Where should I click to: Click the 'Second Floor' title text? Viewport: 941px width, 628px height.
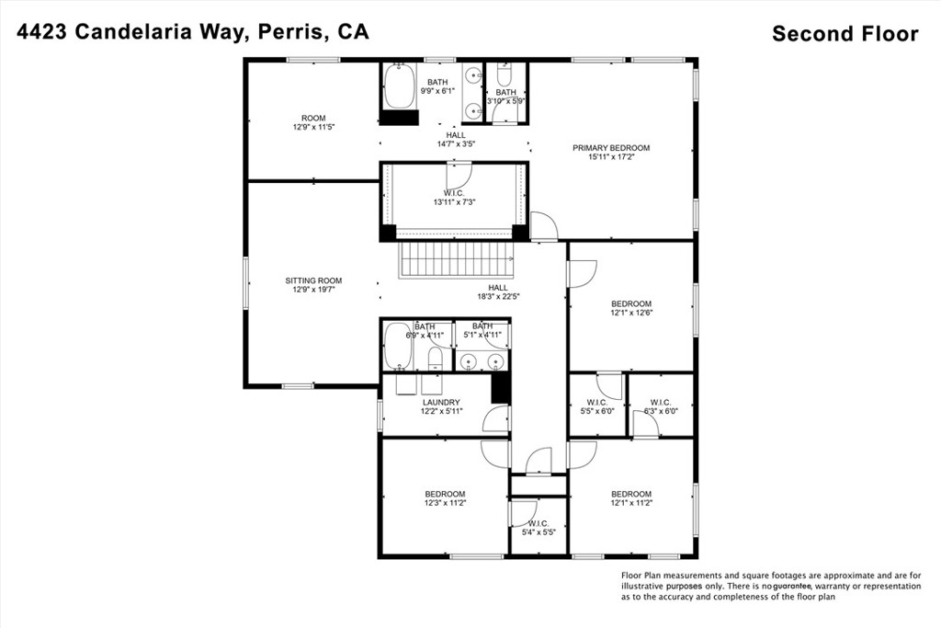845,34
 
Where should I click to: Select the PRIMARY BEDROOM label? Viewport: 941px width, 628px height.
611,148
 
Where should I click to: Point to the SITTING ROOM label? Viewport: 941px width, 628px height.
313,280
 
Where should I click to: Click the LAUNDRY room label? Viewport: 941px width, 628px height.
441,403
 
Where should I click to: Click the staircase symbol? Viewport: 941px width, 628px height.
459,260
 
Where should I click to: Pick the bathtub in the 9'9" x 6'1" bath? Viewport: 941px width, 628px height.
399,87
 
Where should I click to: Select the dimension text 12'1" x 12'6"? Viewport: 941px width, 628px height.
631,313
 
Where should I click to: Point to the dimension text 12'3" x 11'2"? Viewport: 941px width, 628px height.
444,503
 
